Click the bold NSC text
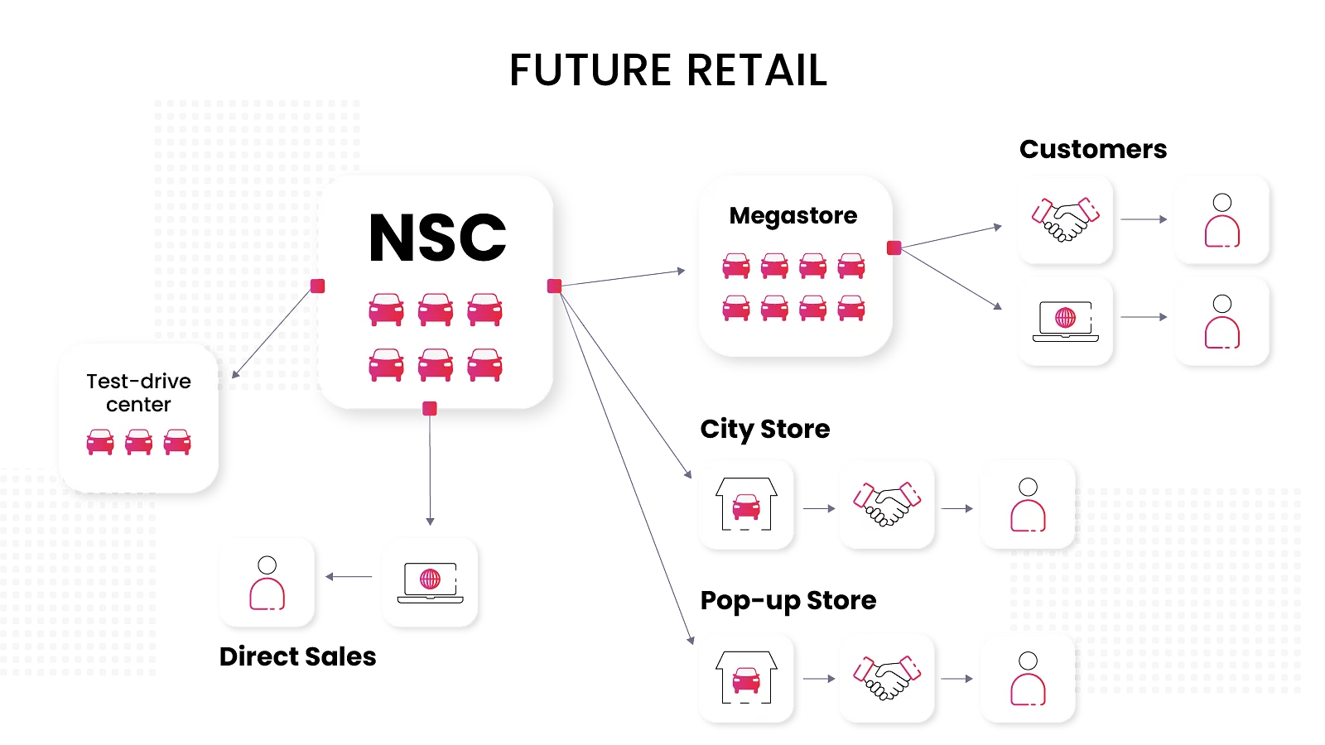click(x=437, y=238)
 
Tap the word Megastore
click(x=793, y=216)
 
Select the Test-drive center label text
click(x=138, y=392)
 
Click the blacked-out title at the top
click(x=667, y=70)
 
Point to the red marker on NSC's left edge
click(x=317, y=286)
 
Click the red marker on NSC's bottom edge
click(x=429, y=408)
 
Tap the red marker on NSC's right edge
click(x=555, y=286)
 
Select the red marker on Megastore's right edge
click(x=894, y=248)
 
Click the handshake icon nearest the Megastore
click(x=1066, y=219)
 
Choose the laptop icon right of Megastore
click(x=1066, y=321)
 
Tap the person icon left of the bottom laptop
click(x=267, y=583)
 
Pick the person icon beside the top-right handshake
click(x=1221, y=220)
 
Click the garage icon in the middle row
click(x=746, y=504)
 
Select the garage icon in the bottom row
click(x=746, y=677)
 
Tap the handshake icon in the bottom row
click(x=887, y=678)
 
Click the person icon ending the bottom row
click(x=1028, y=678)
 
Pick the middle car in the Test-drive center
click(x=138, y=442)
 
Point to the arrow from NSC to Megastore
click(x=629, y=277)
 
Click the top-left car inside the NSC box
click(x=386, y=310)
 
